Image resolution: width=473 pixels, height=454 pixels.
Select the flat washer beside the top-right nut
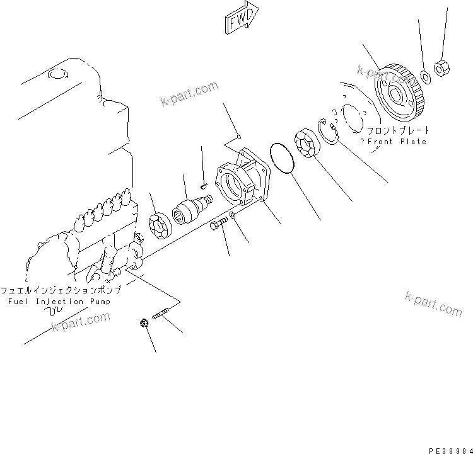[426, 77]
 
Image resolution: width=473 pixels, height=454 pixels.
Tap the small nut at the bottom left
[143, 324]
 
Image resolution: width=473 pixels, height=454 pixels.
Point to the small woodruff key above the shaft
[202, 185]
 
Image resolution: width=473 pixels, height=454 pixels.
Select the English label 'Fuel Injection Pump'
[59, 302]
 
